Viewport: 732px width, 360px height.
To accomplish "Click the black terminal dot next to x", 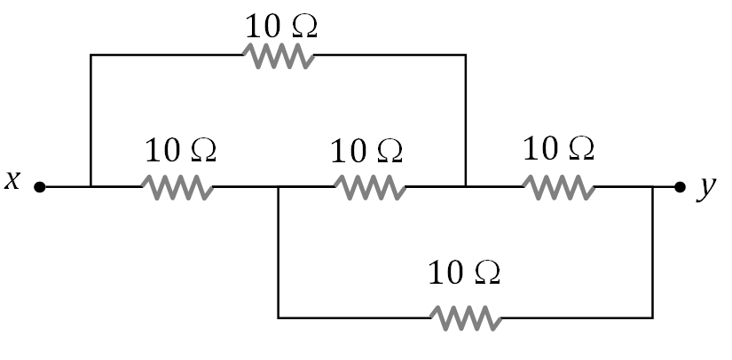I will click(x=39, y=187).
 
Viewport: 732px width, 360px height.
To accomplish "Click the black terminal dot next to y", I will click(x=680, y=187).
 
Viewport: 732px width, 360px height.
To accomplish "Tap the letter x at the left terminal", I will click(x=12, y=181).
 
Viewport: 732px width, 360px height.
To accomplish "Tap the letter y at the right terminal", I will click(x=707, y=188).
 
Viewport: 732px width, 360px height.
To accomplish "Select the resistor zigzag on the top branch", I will click(x=279, y=56).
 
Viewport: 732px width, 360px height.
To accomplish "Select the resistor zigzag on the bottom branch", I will click(x=466, y=317).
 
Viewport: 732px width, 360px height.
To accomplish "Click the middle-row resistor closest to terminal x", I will click(x=177, y=187).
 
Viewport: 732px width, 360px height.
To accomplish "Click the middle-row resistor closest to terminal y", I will click(x=558, y=187).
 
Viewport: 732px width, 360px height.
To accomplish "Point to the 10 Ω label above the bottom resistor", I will click(x=464, y=272).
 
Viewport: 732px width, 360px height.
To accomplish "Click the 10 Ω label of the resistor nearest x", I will click(x=180, y=150).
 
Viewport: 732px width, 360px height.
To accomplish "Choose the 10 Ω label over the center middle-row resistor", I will click(x=366, y=151).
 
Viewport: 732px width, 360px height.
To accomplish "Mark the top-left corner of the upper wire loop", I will click(x=91, y=55).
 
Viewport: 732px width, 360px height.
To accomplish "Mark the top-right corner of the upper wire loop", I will click(x=466, y=55).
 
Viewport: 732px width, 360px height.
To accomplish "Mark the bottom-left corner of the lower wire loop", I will click(x=279, y=317).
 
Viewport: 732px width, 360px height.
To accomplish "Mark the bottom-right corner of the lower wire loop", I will click(x=653, y=317).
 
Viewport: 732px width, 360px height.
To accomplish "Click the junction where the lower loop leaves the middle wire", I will click(x=279, y=187).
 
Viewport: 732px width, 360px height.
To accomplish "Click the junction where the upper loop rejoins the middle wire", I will click(x=466, y=187).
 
